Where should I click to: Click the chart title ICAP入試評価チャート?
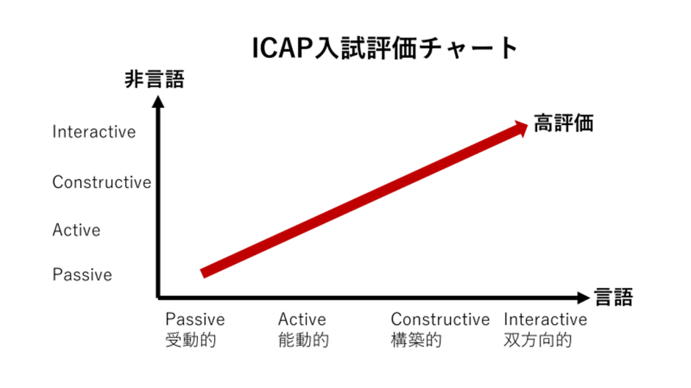point(385,48)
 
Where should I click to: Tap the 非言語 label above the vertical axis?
point(155,79)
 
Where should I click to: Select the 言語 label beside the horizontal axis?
point(614,297)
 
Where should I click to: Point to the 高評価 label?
point(564,123)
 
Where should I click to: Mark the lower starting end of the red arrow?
point(203,273)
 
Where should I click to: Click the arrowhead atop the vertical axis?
point(157,101)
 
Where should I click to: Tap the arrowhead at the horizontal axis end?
point(584,298)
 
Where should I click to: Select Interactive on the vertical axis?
point(94,132)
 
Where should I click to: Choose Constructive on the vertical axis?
point(102,182)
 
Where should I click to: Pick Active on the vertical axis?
point(77,229)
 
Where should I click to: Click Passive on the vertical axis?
point(82,275)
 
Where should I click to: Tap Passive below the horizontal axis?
point(195,319)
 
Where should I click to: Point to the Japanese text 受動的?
point(191,339)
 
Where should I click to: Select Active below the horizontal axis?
point(302,319)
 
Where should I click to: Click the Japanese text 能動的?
point(304,339)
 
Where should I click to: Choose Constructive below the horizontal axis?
point(440,319)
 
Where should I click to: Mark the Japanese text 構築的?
point(417,339)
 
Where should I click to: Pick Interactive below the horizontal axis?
point(545,319)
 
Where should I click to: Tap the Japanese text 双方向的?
point(538,339)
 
